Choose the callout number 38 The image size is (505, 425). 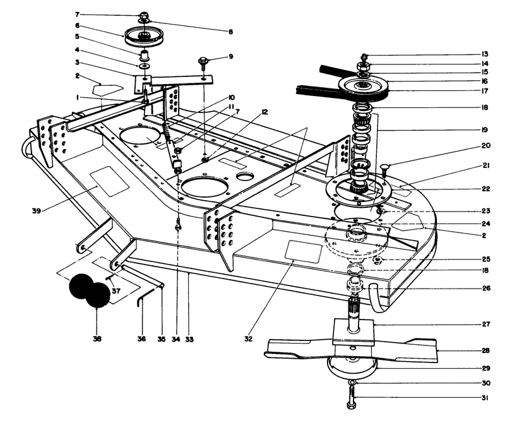click(97, 339)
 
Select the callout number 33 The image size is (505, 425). click(189, 339)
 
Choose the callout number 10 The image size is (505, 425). click(232, 97)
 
